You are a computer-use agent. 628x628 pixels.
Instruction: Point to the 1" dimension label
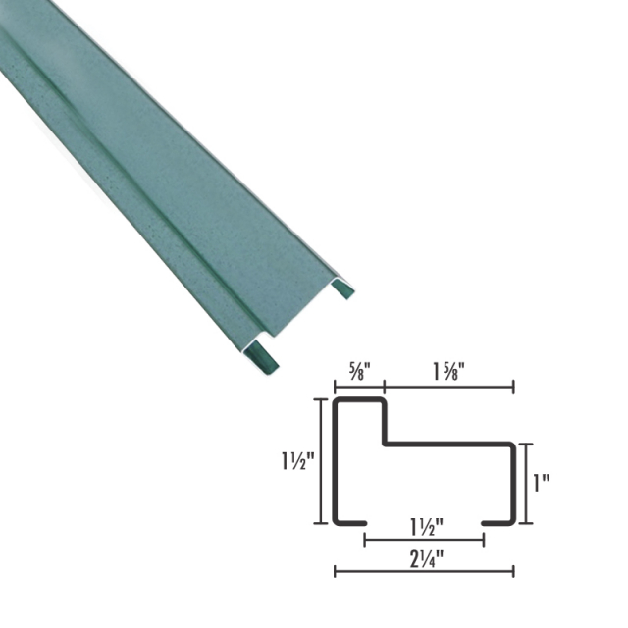[541, 483]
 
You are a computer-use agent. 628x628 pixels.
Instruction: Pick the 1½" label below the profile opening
[424, 524]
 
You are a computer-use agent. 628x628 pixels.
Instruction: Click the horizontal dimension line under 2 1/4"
[424, 571]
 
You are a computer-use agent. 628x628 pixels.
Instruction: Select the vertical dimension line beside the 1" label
[528, 483]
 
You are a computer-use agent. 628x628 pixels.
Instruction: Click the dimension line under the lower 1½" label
[424, 539]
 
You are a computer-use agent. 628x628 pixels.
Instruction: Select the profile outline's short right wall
[513, 483]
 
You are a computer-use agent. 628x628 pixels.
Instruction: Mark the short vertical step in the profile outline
[384, 422]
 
